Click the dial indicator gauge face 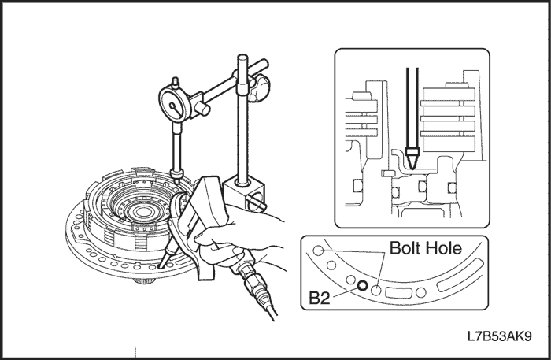[x=175, y=105]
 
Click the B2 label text [x=320, y=298]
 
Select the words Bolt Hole [x=426, y=248]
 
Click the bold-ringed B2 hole [x=362, y=285]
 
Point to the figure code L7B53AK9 [x=499, y=336]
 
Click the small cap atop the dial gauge [x=175, y=83]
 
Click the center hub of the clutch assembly [x=142, y=212]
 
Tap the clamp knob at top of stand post [x=260, y=87]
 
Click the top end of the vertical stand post [x=242, y=56]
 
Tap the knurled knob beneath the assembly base [x=144, y=280]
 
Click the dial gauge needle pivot [x=172, y=105]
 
